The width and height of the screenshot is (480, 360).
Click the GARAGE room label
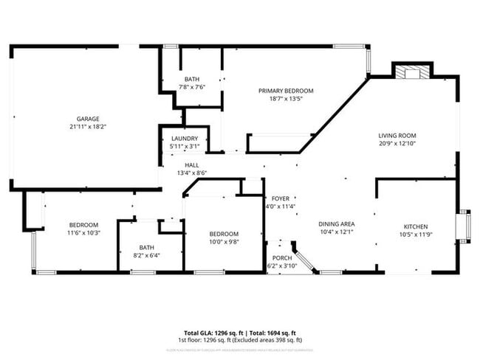click(x=88, y=119)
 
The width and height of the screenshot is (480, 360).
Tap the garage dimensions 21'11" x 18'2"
click(x=88, y=127)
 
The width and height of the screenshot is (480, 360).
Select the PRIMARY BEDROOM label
click(x=285, y=91)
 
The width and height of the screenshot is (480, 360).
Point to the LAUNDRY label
click(x=185, y=139)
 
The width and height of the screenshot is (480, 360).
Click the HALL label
click(x=192, y=165)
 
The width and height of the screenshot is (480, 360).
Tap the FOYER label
click(x=281, y=198)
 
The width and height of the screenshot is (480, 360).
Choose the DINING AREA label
click(x=337, y=224)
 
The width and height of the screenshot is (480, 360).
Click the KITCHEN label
click(x=416, y=226)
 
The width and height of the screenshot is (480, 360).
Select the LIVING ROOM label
click(x=397, y=136)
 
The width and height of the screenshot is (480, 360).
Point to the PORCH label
click(x=281, y=258)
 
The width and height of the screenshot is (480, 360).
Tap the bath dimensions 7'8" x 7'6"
click(x=192, y=87)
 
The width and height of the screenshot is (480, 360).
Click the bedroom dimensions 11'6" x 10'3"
click(x=84, y=233)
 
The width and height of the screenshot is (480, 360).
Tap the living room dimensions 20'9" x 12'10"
click(x=397, y=144)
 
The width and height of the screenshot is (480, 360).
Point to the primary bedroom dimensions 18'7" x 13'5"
click(x=285, y=99)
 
